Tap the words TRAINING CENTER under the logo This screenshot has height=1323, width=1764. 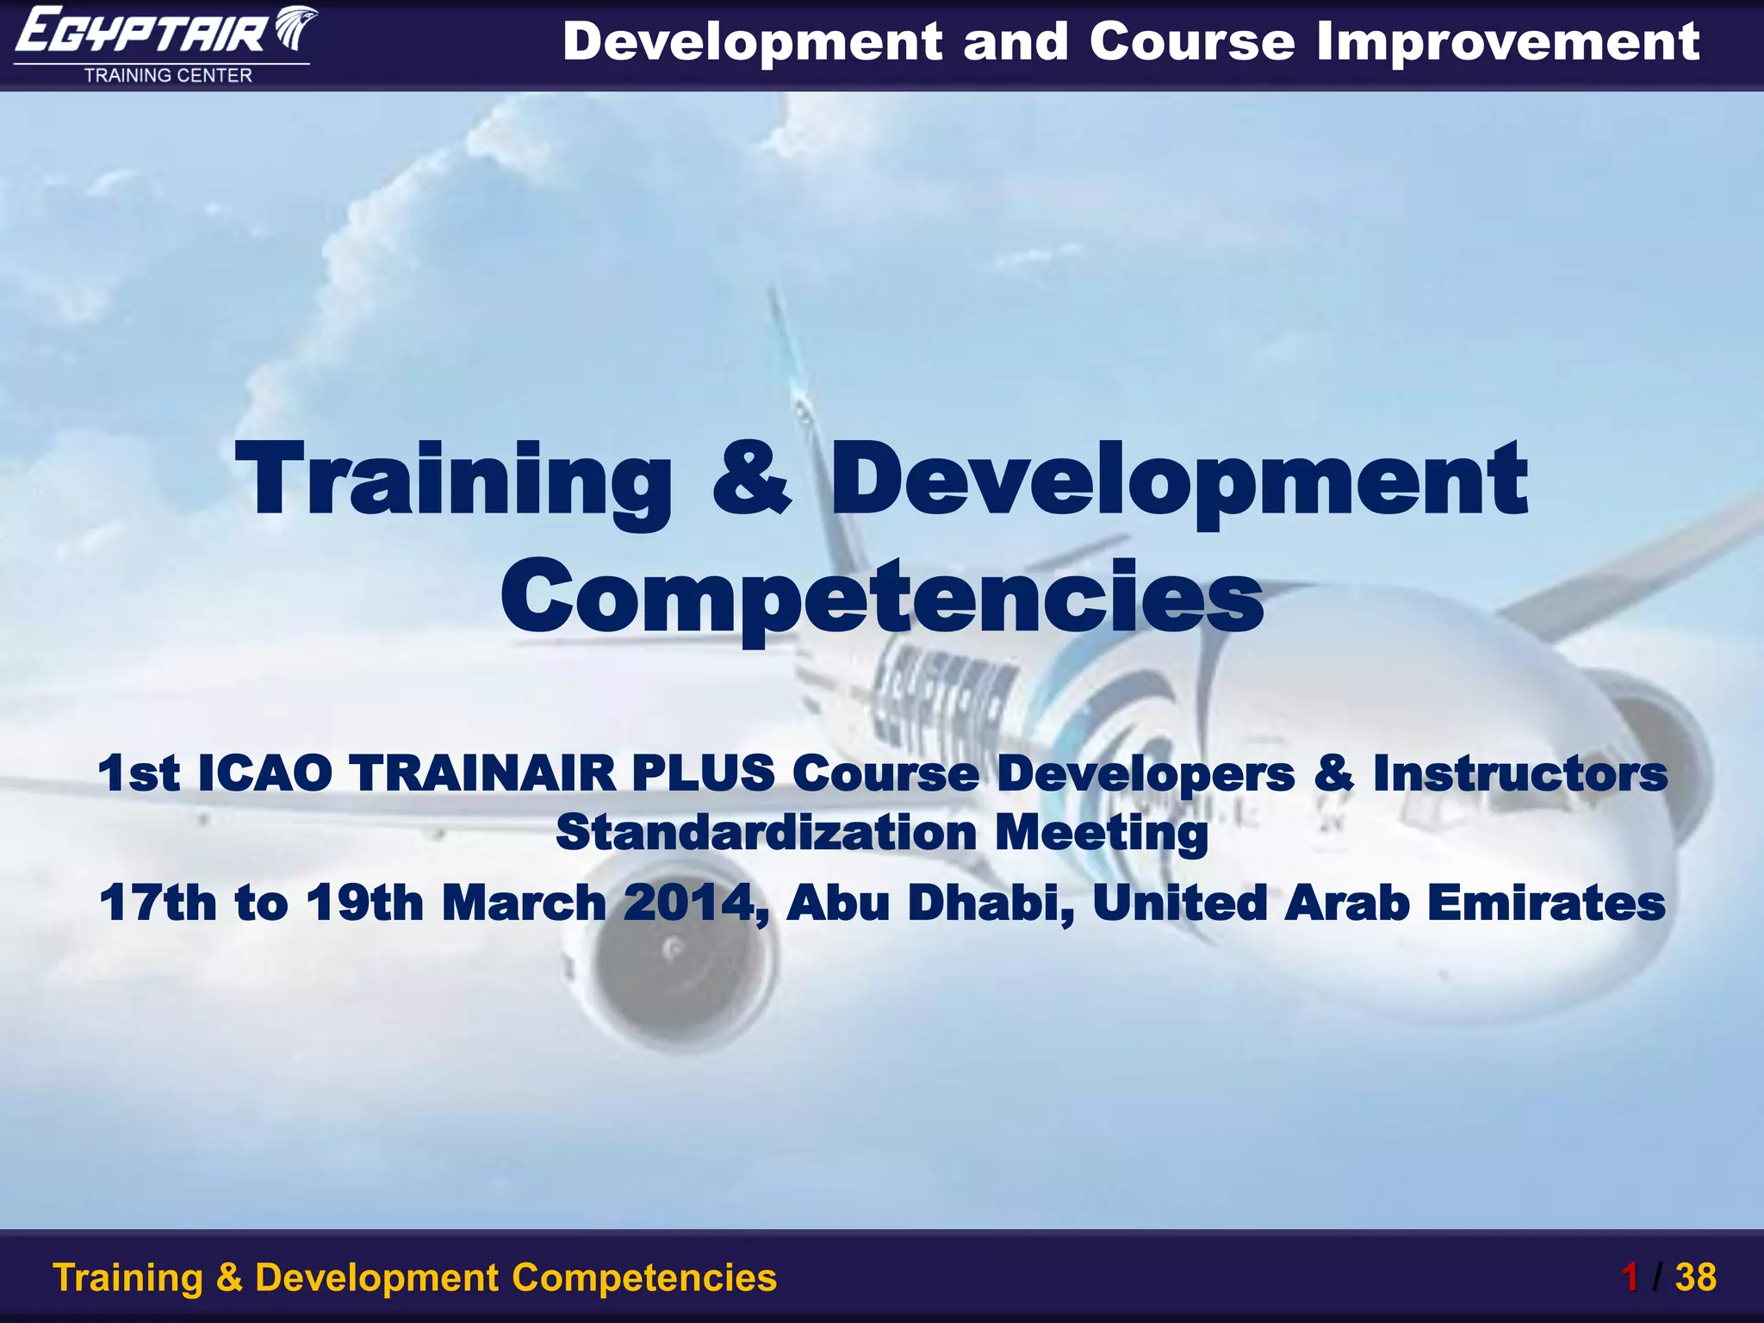(x=168, y=76)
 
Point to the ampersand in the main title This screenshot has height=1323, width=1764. (x=751, y=479)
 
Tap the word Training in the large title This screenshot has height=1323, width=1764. (x=453, y=479)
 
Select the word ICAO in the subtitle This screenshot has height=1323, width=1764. (x=264, y=773)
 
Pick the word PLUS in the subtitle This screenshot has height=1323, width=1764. (x=703, y=773)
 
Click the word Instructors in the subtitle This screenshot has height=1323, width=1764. (x=1520, y=773)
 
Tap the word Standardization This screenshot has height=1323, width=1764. (x=766, y=833)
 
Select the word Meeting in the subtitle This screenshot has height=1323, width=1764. (x=1102, y=833)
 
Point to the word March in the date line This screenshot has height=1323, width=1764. (x=525, y=903)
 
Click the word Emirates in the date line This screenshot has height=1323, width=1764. (x=1546, y=903)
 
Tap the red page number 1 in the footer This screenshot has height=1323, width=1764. (x=1629, y=1277)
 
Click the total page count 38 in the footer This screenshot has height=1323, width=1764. (x=1695, y=1277)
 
